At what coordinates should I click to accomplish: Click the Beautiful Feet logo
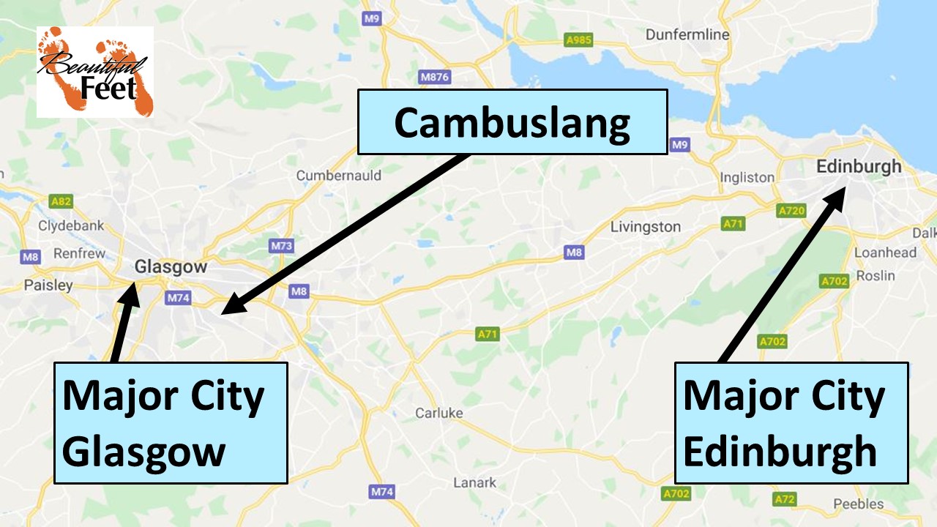[x=95, y=72]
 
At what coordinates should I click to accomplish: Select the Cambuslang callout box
[x=512, y=122]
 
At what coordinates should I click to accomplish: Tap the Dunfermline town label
[x=687, y=34]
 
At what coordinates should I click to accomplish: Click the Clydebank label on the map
[x=71, y=226]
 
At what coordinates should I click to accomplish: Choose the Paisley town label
[x=48, y=285]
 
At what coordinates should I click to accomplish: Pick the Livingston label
[x=645, y=227]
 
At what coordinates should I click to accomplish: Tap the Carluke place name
[x=439, y=413]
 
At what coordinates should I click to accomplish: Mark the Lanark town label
[x=474, y=482]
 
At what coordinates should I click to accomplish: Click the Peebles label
[x=858, y=504]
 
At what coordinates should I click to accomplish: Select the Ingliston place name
[x=747, y=177]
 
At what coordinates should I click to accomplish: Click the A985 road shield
[x=578, y=41]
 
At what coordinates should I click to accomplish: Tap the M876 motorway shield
[x=434, y=77]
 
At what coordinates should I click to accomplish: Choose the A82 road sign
[x=61, y=201]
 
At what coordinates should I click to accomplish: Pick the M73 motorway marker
[x=281, y=245]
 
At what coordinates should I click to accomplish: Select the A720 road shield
[x=791, y=211]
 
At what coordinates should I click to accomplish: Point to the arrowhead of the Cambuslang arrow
[x=228, y=310]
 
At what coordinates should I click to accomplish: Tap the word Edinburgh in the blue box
[x=780, y=451]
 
